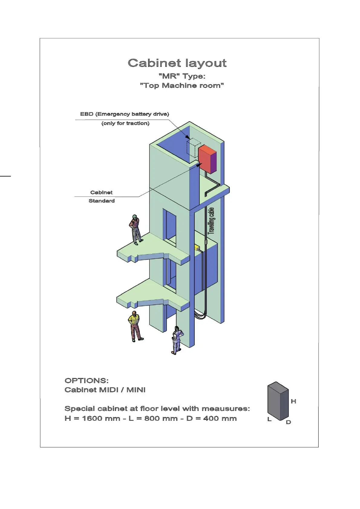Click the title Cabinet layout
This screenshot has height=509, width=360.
tap(177, 63)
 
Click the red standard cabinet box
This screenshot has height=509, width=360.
tap(207, 159)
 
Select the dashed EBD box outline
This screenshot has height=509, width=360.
tap(193, 148)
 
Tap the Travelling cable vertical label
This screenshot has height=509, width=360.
tap(211, 221)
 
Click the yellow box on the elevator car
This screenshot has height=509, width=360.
tap(197, 248)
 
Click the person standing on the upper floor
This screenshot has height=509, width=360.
tap(135, 229)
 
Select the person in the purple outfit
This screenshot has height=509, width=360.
tap(177, 340)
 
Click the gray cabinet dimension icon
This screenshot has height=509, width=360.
tap(278, 401)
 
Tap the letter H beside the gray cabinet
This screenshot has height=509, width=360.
tap(293, 401)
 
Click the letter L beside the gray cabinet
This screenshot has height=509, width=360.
tap(269, 419)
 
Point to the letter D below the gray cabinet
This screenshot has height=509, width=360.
tap(288, 422)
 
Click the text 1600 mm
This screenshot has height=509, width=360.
tap(101, 419)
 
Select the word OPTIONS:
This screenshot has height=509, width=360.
tap(86, 381)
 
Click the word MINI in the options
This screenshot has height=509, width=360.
tap(136, 390)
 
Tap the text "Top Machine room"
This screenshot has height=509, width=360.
tap(182, 86)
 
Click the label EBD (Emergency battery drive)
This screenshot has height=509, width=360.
tap(125, 114)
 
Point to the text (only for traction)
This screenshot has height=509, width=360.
tap(125, 123)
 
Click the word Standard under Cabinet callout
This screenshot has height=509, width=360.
tap(102, 201)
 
